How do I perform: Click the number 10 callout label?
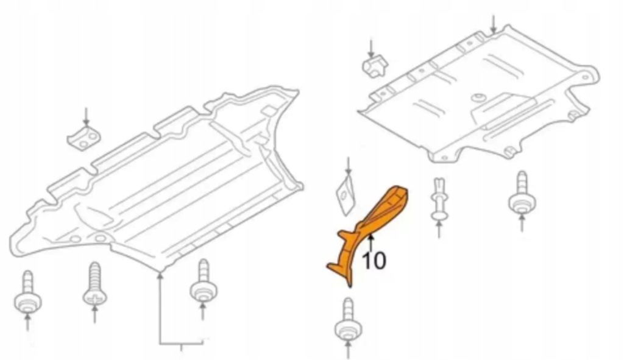point(374,261)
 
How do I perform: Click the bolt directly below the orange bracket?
point(348,318)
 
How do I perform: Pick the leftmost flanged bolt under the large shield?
point(28,292)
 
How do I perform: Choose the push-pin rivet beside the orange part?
point(439,199)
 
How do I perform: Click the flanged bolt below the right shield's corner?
point(522,194)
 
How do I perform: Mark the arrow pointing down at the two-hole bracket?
point(86,116)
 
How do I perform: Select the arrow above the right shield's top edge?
point(494,24)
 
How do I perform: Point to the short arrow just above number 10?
point(371,244)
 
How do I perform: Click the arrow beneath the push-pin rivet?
point(439,230)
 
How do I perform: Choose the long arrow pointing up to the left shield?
point(160,307)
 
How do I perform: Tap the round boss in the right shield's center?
point(478,98)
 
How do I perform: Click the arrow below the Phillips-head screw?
point(94,314)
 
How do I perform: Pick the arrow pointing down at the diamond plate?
point(348,166)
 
